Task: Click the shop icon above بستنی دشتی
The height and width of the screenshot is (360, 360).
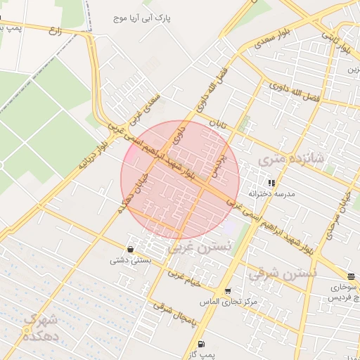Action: click(x=130, y=249)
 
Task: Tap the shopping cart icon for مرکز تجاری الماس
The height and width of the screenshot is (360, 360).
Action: click(x=227, y=291)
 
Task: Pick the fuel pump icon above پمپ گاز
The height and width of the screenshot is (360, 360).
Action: click(x=202, y=345)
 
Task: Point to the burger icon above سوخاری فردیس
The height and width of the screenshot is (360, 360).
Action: click(x=350, y=276)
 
